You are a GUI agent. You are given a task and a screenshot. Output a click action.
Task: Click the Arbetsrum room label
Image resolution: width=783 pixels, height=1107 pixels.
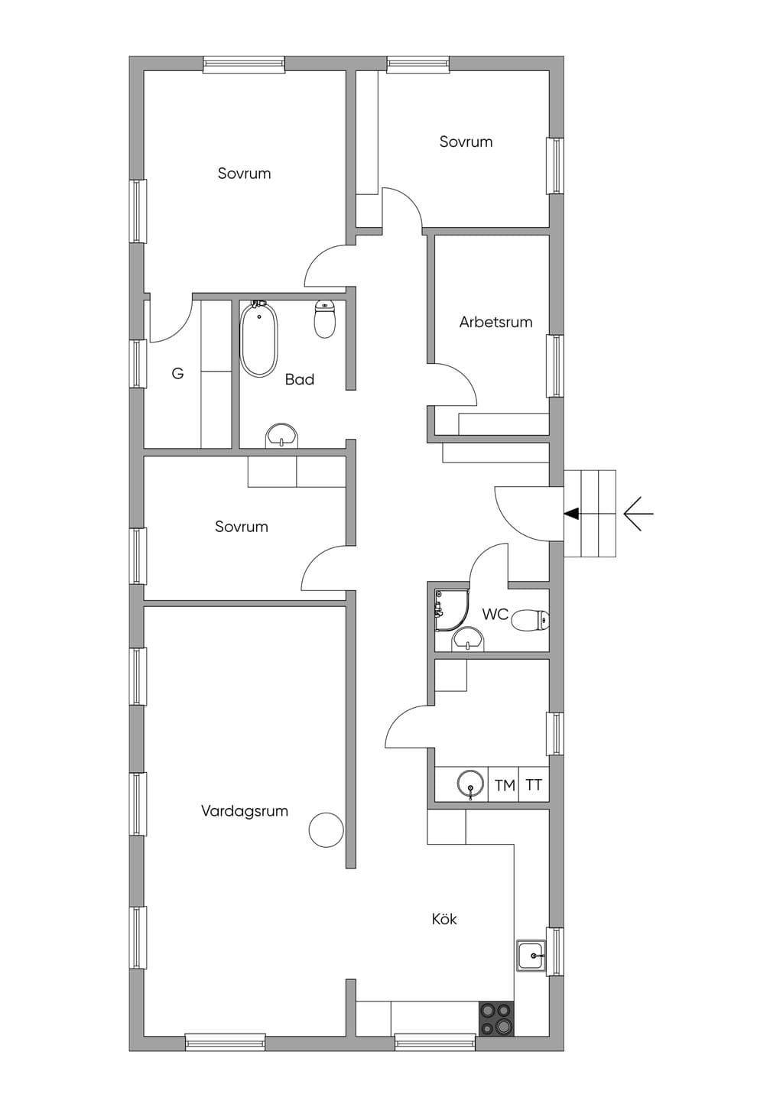point(495,322)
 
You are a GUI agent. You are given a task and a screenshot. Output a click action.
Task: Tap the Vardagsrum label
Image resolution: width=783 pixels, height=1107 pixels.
point(245,811)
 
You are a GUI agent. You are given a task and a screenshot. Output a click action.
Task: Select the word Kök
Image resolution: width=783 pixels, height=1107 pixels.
point(444,919)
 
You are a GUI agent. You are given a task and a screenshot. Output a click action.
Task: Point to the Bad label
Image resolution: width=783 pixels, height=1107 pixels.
point(300,379)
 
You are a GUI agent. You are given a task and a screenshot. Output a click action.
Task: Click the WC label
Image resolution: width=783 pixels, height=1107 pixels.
point(495,615)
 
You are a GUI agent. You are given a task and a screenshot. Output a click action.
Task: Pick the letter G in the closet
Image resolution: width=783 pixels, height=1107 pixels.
point(177,373)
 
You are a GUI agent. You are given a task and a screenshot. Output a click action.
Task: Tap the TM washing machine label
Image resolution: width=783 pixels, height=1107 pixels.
point(505,785)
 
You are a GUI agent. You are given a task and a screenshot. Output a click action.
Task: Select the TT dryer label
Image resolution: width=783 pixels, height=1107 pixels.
point(534,785)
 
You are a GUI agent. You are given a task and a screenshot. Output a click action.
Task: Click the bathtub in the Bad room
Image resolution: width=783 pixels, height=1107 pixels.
point(259,338)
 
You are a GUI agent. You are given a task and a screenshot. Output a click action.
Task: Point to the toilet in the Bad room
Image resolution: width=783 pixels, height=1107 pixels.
point(325,319)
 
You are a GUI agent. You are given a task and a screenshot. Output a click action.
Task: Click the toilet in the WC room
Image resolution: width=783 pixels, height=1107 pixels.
point(531,620)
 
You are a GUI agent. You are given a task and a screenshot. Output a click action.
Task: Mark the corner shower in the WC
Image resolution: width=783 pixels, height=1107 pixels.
point(451,610)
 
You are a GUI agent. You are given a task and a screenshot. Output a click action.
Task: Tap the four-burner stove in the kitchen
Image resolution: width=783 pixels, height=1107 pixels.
point(497,1018)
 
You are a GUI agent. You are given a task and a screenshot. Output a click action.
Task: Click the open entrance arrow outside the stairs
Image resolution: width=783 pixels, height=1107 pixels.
point(638,514)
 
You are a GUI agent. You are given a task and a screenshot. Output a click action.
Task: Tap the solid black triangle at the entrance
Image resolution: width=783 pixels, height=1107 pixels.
point(572,514)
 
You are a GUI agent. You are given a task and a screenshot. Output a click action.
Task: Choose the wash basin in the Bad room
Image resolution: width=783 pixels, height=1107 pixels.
point(282,436)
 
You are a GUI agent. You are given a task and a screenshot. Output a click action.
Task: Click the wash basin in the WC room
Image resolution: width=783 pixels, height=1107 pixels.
point(468,639)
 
